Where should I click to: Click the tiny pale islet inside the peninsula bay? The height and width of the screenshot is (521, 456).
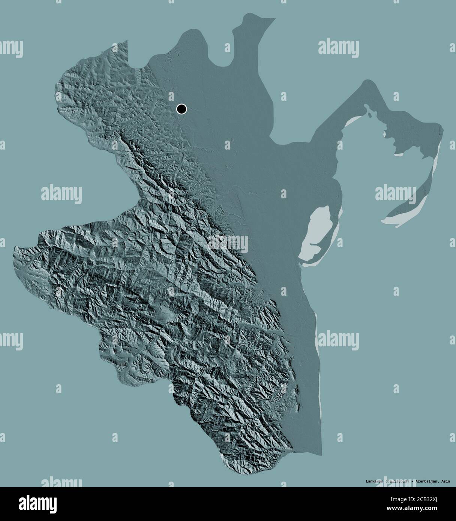pyautogui.click(x=385, y=133)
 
